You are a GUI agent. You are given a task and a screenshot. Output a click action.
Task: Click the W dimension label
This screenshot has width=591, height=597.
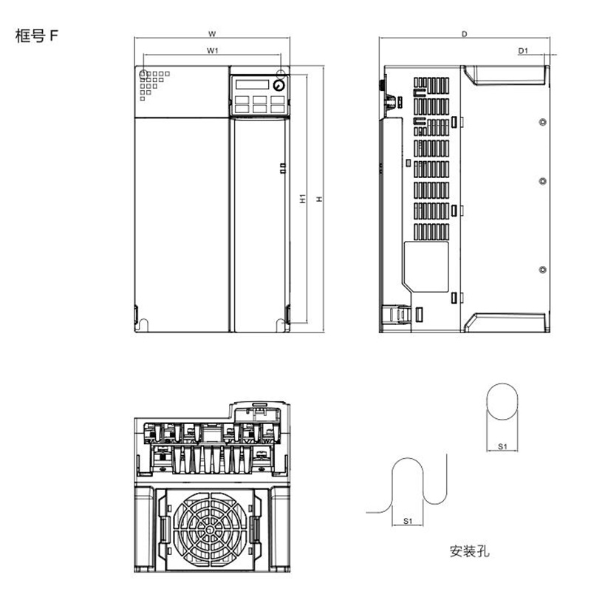tap(212, 34)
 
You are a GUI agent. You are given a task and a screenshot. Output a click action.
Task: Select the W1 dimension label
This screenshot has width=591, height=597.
tap(212, 51)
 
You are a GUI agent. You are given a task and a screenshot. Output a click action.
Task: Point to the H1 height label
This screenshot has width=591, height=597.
tap(303, 199)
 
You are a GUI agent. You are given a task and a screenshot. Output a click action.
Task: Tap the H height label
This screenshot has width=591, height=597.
tap(319, 199)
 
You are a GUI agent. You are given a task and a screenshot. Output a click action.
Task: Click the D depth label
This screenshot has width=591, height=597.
tap(464, 34)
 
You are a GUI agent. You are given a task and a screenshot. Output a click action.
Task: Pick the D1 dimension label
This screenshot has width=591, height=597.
tap(522, 51)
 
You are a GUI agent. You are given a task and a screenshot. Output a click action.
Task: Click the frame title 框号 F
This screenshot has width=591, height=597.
tap(36, 37)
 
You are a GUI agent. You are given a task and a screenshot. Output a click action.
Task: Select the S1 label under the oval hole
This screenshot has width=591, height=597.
tap(502, 446)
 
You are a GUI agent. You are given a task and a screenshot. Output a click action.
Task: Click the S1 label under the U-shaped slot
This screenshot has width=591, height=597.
tap(408, 521)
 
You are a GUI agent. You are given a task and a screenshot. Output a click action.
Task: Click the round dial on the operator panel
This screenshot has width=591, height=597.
tap(278, 85)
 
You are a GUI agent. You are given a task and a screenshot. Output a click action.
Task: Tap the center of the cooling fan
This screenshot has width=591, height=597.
tap(209, 530)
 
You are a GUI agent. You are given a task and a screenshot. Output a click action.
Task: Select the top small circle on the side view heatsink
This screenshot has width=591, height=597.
tap(543, 121)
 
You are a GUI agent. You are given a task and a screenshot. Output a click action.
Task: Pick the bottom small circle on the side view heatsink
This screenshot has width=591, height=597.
tap(543, 267)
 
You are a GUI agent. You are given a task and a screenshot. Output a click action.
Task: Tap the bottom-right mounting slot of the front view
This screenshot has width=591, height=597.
tap(282, 322)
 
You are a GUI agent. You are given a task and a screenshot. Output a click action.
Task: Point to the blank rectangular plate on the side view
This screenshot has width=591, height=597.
tap(428, 265)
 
